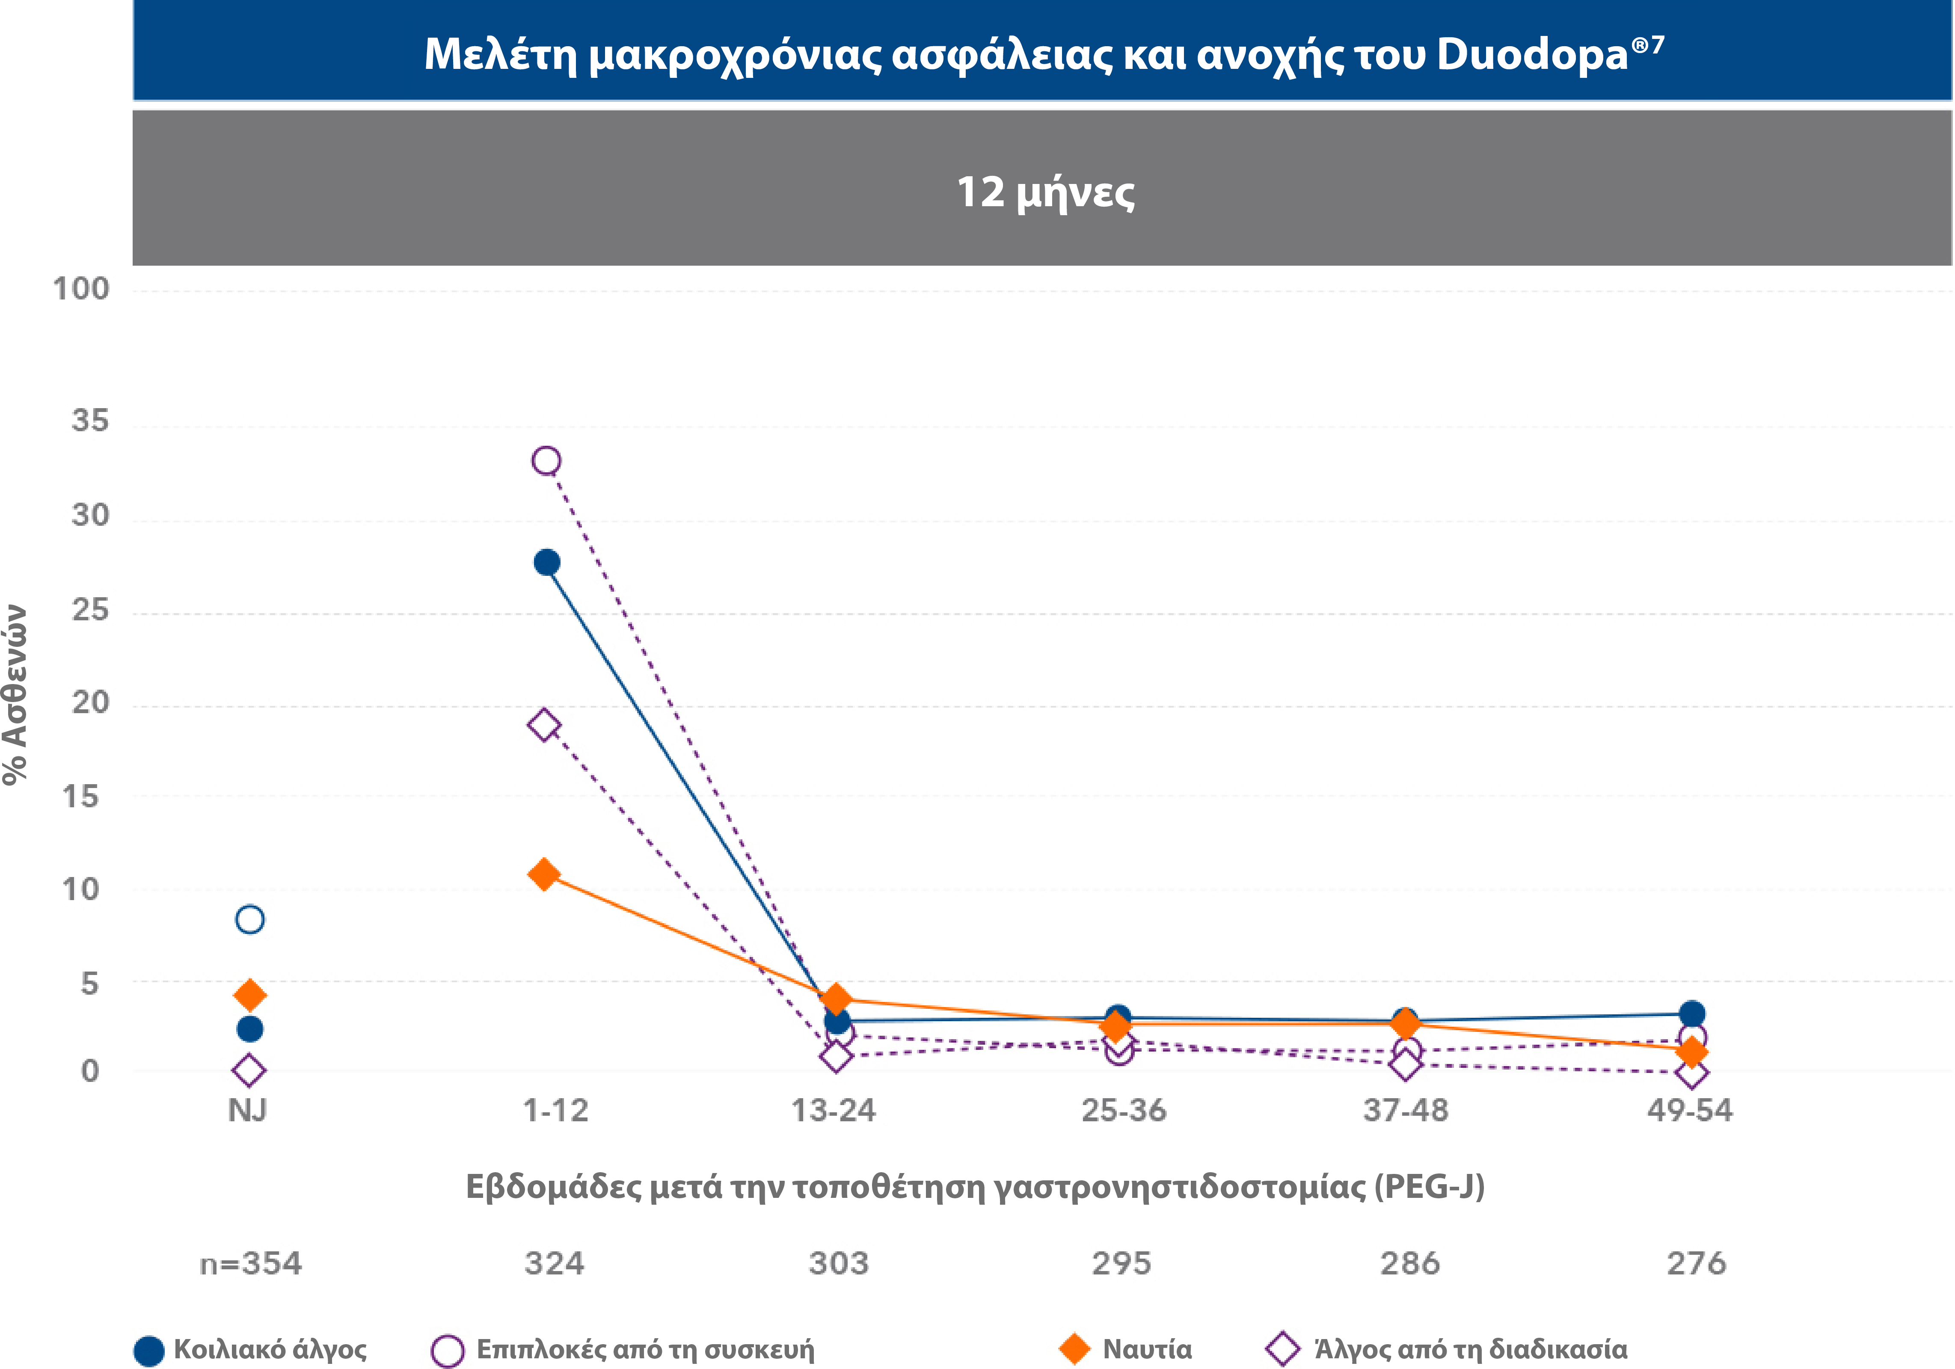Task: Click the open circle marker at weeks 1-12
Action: (x=546, y=461)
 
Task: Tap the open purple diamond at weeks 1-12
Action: (x=544, y=726)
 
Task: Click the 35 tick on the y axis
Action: (x=90, y=421)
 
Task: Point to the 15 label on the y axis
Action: (x=81, y=797)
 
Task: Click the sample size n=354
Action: (x=250, y=1263)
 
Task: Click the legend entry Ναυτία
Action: (x=1146, y=1349)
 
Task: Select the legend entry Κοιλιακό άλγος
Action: (x=270, y=1349)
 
